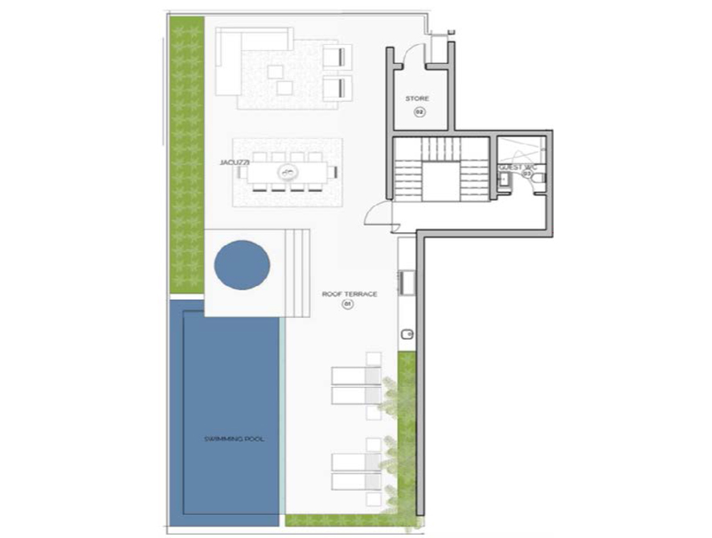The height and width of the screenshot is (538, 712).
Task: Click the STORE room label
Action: point(417,99)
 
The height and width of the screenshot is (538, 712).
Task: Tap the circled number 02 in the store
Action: point(419,112)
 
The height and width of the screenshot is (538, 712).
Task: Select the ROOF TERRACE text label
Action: point(350,295)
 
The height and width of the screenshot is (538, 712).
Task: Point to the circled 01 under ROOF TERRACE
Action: point(349,305)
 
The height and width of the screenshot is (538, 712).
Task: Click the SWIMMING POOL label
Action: point(234,439)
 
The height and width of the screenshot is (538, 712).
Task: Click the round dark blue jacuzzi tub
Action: point(242,265)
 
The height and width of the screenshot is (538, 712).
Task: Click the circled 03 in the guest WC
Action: point(528,173)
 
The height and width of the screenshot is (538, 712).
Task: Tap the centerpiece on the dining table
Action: point(286,171)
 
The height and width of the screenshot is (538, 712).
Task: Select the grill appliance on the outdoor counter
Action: point(407,283)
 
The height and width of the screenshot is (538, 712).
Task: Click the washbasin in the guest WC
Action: point(504,181)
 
